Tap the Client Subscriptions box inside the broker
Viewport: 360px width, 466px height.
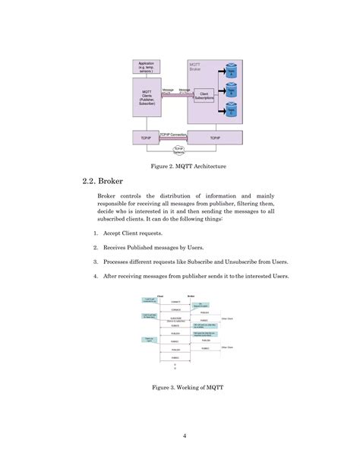coord(204,96)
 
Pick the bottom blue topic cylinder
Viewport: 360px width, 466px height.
coord(232,109)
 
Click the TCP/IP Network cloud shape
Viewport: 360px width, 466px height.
coord(180,151)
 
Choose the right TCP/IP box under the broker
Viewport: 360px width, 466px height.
coord(215,138)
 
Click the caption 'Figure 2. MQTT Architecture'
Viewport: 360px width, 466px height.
coord(179,166)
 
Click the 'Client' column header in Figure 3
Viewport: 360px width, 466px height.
coord(160,295)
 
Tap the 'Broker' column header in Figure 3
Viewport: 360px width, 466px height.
coord(191,295)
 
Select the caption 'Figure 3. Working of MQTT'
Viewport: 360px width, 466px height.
coord(179,388)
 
